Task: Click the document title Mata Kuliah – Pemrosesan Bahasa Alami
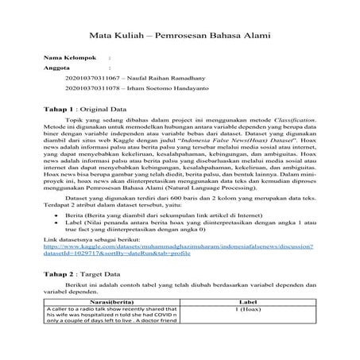[x=179, y=36]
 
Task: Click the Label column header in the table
[x=244, y=303]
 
